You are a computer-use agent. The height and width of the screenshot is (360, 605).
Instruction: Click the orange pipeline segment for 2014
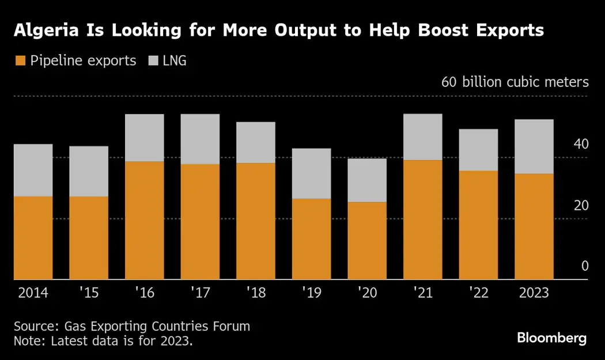coord(33,237)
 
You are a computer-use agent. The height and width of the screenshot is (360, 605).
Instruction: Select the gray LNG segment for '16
coord(144,138)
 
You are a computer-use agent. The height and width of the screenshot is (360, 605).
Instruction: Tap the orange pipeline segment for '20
coord(367,240)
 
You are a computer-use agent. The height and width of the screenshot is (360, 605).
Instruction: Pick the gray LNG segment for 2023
coord(534,146)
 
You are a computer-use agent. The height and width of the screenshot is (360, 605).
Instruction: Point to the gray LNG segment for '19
coord(311,173)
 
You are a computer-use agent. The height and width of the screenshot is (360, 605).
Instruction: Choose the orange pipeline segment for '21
coord(422,219)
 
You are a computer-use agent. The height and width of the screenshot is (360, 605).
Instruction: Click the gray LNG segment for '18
coord(255,142)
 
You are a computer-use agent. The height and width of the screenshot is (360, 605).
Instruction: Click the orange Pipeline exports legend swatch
coord(21,60)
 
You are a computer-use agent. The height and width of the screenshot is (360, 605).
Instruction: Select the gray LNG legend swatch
coord(153,60)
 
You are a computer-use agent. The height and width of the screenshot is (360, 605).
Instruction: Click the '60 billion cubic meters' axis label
coord(515,82)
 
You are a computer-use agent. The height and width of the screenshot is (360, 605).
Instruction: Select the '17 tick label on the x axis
coord(199,293)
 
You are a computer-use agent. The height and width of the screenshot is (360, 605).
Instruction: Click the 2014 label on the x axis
coord(33,293)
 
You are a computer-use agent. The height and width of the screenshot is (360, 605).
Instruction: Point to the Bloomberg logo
coord(551,338)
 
